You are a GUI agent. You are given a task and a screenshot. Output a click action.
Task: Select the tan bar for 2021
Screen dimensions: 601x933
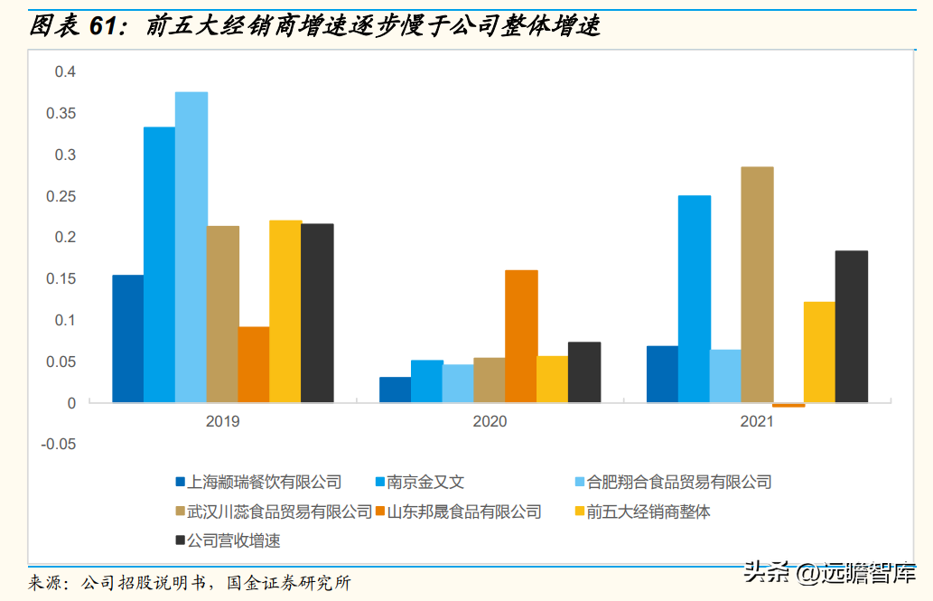click(757, 285)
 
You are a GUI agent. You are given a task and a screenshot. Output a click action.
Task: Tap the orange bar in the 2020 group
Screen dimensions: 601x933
click(521, 336)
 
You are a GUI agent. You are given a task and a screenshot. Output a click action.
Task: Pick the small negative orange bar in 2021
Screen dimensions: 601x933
click(788, 405)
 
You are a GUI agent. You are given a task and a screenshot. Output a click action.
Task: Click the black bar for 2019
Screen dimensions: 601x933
click(317, 313)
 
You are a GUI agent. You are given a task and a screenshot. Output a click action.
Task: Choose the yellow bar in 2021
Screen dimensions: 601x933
click(819, 352)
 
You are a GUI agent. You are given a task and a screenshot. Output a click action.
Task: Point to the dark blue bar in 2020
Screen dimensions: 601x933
click(395, 390)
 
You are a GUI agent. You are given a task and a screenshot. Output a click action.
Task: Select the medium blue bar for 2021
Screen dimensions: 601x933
click(694, 298)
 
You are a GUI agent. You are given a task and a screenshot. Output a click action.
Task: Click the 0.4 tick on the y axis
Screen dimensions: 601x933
click(65, 72)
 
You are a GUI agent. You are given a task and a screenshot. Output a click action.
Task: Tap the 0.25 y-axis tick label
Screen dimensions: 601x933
click(61, 196)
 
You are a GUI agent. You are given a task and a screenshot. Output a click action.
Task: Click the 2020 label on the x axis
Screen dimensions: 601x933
click(490, 421)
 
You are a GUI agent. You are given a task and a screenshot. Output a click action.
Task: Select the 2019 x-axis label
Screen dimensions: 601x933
click(222, 421)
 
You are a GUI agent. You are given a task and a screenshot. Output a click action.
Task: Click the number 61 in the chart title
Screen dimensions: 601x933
click(105, 27)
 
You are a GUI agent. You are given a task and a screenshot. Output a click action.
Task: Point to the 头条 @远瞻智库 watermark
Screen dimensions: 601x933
click(828, 572)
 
